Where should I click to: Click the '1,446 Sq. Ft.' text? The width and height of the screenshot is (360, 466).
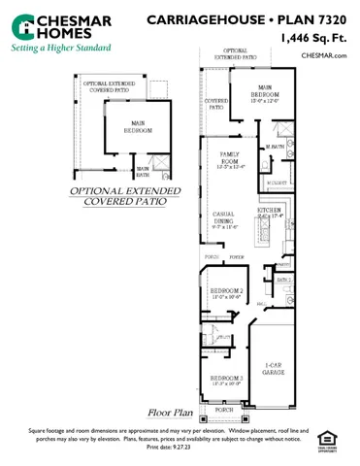pos(313,38)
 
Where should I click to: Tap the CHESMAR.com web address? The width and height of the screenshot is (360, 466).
pos(323,56)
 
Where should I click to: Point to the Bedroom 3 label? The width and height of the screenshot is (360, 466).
pos(227,380)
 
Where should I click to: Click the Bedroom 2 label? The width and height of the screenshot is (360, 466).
pos(227,293)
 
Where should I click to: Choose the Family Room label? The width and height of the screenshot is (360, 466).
pos(230,158)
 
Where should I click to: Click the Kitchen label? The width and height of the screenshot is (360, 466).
pos(270,213)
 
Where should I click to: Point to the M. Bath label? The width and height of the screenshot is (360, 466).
pos(274,147)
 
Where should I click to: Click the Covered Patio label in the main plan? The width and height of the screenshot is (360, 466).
pos(215,104)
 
